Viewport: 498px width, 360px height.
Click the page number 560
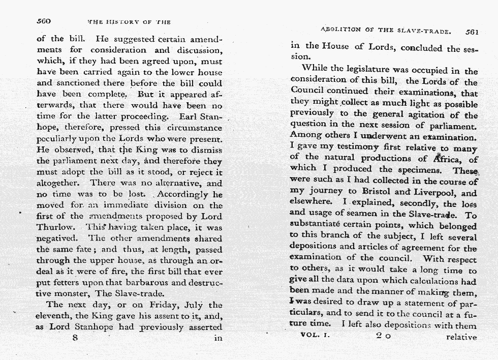(44, 21)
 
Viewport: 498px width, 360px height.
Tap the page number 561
(472, 31)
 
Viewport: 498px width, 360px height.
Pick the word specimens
(418, 170)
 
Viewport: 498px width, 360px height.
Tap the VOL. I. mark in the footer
(316, 335)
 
